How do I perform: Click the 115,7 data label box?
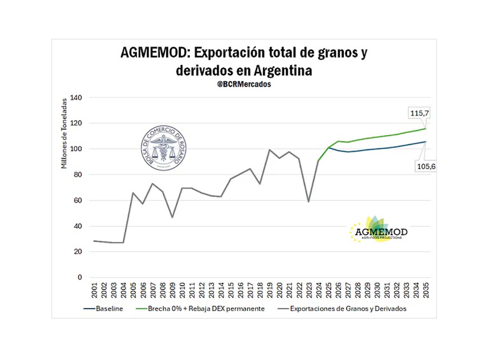420,113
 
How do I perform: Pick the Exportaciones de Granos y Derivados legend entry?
342,308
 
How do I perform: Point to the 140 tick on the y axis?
76,97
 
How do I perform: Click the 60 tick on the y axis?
78,200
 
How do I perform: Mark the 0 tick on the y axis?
80,277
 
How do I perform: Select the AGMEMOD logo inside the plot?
379,230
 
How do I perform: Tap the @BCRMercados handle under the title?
244,84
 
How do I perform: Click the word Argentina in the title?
280,71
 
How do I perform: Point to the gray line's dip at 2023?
309,201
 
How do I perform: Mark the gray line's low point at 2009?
173,217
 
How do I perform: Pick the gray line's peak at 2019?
270,150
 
